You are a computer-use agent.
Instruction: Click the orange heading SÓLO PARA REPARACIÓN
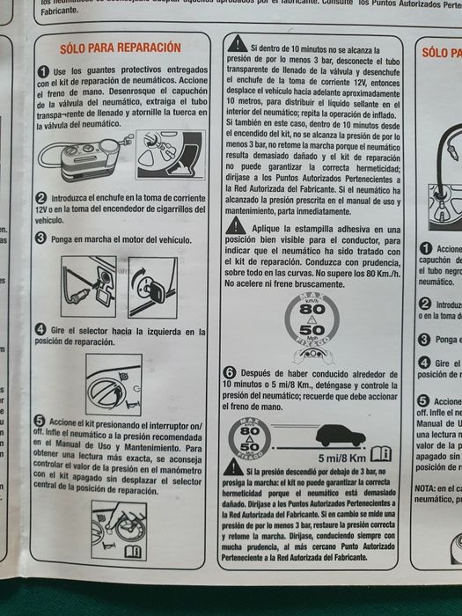[x=120, y=48]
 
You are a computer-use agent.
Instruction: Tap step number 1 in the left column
[x=43, y=70]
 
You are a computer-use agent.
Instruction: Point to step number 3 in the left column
[x=40, y=238]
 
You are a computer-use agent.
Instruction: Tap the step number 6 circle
[x=230, y=371]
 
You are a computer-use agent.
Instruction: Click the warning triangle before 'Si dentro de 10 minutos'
[x=236, y=44]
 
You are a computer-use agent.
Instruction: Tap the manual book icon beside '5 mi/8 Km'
[x=380, y=454]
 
